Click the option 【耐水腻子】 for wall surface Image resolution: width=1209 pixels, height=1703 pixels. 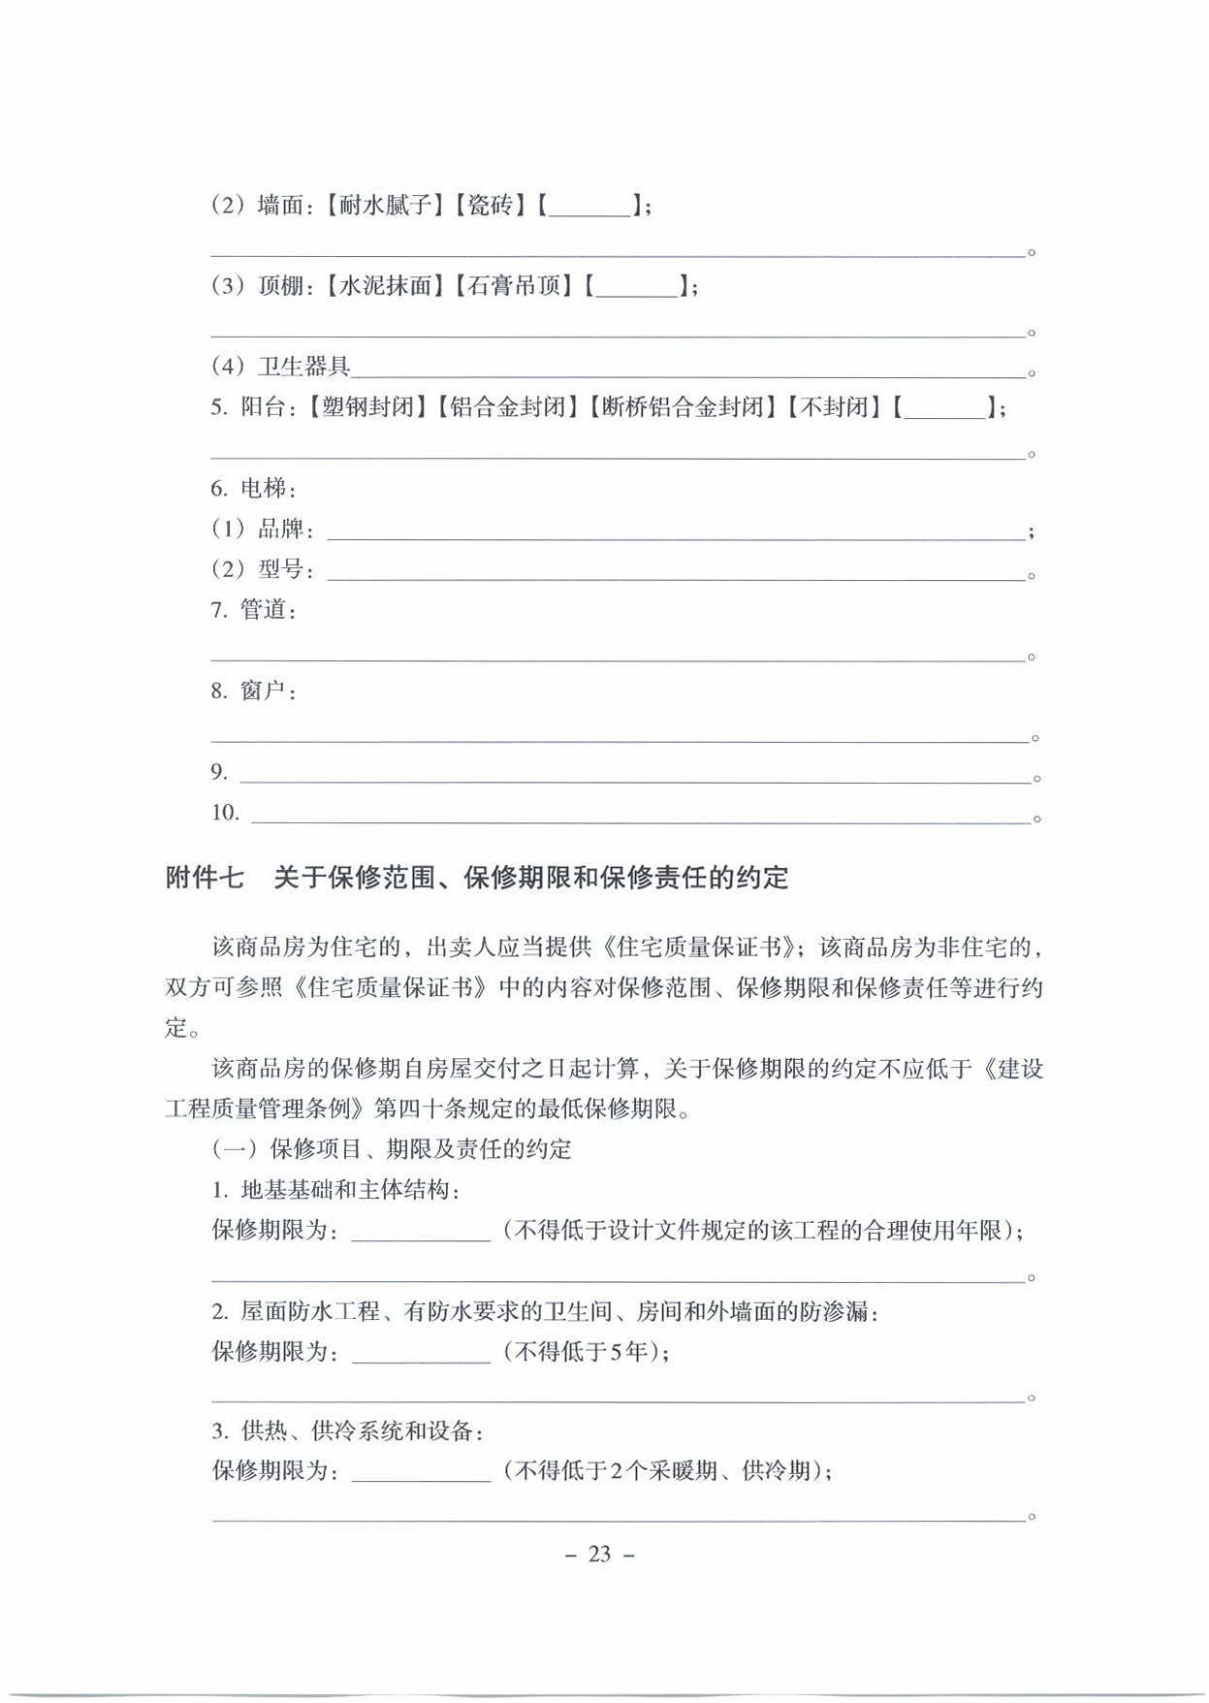pos(385,206)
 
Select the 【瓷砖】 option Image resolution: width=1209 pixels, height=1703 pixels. pos(490,206)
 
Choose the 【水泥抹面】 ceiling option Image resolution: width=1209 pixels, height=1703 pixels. pos(385,286)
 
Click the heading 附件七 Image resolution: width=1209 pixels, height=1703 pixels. pos(205,879)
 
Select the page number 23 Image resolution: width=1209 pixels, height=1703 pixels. pos(600,1555)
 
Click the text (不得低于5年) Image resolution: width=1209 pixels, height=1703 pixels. pos(585,1351)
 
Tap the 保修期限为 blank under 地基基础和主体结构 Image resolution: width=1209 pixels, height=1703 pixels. pos(421,1234)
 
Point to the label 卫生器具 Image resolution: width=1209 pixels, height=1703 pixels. pos(303,367)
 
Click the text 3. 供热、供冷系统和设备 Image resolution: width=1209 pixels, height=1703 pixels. pos(347,1431)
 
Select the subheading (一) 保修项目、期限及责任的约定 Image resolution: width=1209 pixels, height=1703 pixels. pos(392,1149)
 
